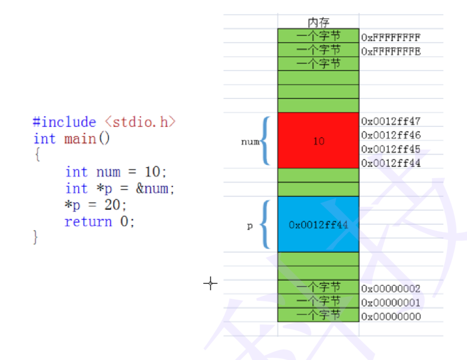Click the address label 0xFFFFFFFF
[391, 38]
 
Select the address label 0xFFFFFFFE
[391, 52]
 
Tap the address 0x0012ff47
[391, 121]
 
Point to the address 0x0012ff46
[391, 135]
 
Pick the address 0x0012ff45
[391, 149]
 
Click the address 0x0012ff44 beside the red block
[391, 163]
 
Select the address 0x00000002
[391, 289]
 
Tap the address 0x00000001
[391, 302]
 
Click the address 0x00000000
[391, 316]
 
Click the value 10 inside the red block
[319, 141]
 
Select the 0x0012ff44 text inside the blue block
[318, 225]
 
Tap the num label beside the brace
[250, 142]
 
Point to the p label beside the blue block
[250, 226]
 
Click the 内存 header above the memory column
[318, 22]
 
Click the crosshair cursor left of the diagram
[210, 283]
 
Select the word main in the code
[80, 139]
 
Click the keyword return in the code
[88, 222]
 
